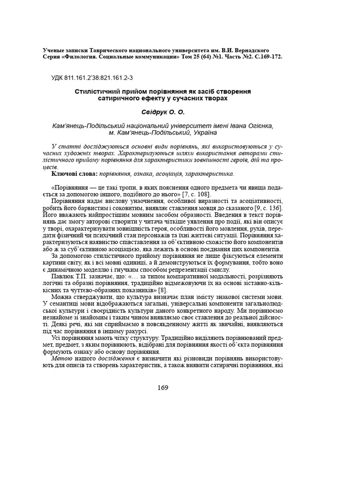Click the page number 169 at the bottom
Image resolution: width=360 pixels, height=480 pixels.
(x=163, y=388)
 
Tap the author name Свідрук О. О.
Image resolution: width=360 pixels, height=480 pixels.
(x=163, y=112)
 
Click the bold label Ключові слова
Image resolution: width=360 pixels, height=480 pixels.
(x=72, y=174)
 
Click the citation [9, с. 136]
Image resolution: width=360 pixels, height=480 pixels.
(x=265, y=208)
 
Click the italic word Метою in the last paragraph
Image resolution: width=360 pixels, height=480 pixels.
(x=61, y=358)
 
